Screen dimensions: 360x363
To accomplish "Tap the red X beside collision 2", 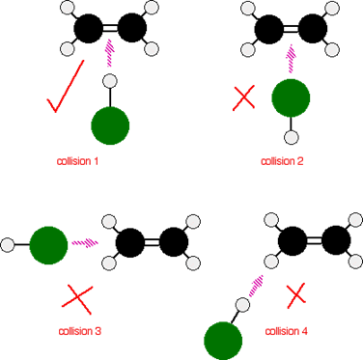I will pyautogui.click(x=244, y=97).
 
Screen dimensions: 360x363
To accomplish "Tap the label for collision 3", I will pyautogui.click(x=81, y=332).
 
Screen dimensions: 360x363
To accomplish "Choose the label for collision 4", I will pyautogui.click(x=287, y=332).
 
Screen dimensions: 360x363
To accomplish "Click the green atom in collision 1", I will pyautogui.click(x=110, y=126).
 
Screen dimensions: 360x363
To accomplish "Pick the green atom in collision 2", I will pyautogui.click(x=291, y=97).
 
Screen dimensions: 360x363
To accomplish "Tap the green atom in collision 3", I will pyautogui.click(x=48, y=244).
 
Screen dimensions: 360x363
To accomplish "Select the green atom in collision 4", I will pyautogui.click(x=223, y=340).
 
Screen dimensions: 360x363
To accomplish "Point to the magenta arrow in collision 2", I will pyautogui.click(x=291, y=58).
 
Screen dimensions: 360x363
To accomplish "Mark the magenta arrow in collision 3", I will pyautogui.click(x=86, y=243).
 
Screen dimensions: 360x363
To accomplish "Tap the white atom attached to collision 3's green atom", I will pyautogui.click(x=9, y=244).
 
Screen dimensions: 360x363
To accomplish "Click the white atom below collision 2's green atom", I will pyautogui.click(x=291, y=136).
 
